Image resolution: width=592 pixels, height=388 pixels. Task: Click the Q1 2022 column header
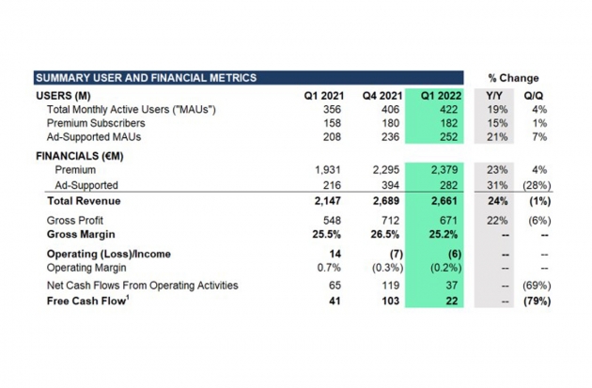tap(441, 96)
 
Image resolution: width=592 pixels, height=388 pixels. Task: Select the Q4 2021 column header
tap(382, 96)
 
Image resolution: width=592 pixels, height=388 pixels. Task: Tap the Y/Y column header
tap(494, 96)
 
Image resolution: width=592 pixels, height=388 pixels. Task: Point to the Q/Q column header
tap(534, 96)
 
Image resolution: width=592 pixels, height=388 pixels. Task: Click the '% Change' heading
tap(513, 78)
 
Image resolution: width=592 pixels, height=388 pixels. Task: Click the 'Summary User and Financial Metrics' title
tap(146, 78)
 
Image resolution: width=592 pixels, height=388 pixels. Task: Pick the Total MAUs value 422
tap(448, 110)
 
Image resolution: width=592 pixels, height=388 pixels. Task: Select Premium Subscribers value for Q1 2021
tap(332, 123)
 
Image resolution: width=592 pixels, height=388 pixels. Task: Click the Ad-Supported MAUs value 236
tap(390, 137)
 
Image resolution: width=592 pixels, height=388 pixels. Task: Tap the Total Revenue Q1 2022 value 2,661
tap(444, 201)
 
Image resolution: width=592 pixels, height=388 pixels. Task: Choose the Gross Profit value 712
tap(390, 221)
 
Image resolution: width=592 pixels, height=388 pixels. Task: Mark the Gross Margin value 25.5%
tap(326, 234)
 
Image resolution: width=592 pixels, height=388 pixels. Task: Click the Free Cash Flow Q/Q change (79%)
tap(537, 302)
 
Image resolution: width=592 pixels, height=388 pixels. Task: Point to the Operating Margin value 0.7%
tap(329, 268)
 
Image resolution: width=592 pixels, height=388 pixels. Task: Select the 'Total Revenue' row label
tap(84, 201)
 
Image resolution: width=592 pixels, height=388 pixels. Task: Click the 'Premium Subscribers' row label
tap(96, 123)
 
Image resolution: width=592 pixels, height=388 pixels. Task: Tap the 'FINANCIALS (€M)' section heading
tap(80, 156)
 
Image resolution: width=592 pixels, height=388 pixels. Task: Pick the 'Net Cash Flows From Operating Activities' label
tap(142, 286)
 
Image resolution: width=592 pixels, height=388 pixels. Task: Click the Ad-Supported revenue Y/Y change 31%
tap(497, 185)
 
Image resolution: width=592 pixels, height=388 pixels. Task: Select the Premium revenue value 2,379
tap(444, 170)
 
